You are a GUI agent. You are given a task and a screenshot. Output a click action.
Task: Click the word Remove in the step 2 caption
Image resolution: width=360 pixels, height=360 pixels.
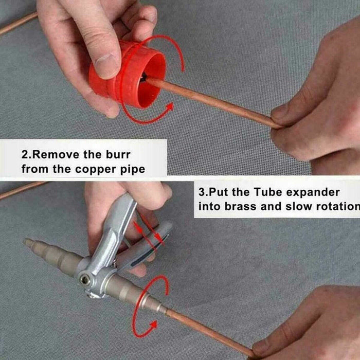tap(53, 154)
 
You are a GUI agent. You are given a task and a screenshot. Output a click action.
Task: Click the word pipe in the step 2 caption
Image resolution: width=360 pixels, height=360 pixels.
tap(131, 169)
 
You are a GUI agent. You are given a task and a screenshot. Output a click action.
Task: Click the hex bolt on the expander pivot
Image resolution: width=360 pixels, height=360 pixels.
tap(84, 280)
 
